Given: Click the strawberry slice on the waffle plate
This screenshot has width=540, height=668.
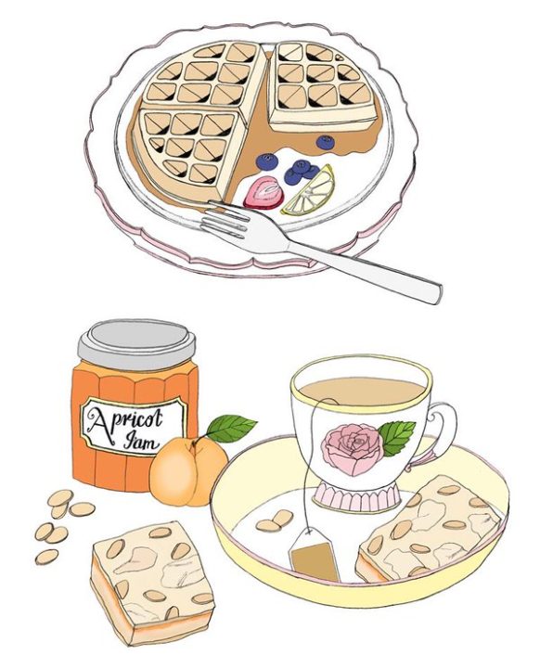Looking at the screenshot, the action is coord(264,192).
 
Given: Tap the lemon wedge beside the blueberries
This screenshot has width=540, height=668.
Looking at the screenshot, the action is coord(310,190).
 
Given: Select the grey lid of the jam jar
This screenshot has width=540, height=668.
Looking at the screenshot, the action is coord(136,343).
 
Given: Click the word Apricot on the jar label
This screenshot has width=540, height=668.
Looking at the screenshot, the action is coord(126,419).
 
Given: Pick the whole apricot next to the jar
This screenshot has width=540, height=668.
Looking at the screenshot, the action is coord(188,471).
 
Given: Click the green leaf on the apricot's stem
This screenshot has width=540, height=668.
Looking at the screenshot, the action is coord(231,428).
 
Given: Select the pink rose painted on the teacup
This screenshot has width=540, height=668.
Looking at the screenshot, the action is coord(352,449).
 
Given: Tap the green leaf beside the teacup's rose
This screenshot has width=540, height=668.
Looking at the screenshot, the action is coord(396,438).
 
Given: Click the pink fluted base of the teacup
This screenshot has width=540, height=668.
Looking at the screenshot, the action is coord(357,497).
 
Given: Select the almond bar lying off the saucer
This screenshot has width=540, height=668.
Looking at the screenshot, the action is coord(152,583).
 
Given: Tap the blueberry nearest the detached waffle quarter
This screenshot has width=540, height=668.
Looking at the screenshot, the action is coord(326,142).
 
